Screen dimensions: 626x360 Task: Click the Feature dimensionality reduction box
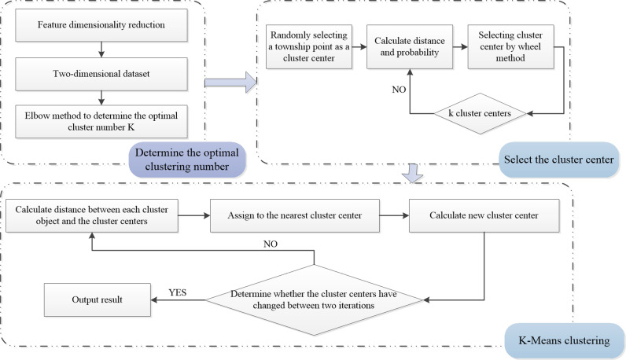click(101, 24)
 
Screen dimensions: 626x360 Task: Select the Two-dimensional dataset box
click(101, 74)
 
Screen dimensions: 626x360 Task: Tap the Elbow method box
click(101, 121)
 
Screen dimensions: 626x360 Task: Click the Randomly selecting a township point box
click(309, 46)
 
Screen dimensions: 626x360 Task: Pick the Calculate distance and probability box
click(410, 46)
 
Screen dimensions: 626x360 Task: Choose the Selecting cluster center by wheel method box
click(510, 46)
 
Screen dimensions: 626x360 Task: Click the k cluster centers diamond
click(480, 114)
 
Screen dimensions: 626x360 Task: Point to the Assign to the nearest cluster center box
click(295, 215)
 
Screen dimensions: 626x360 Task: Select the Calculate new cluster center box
click(484, 215)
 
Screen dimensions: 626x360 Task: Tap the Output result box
click(98, 299)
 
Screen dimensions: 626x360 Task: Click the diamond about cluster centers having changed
click(315, 299)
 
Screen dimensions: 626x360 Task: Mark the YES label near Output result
click(178, 292)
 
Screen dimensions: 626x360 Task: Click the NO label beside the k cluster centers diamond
click(399, 90)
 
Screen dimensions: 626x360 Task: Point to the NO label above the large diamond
click(271, 244)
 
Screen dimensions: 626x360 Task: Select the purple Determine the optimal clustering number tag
click(187, 160)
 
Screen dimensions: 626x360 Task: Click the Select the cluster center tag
click(559, 160)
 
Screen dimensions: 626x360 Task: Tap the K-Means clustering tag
click(564, 340)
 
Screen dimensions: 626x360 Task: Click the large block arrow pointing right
click(230, 83)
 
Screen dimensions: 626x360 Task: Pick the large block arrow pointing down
click(412, 173)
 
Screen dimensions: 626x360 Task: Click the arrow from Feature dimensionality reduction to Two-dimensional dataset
click(101, 50)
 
